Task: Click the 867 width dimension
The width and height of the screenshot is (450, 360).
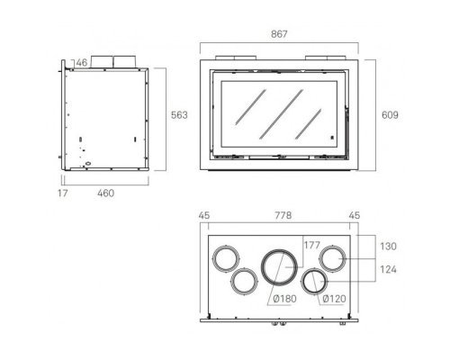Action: tap(279, 34)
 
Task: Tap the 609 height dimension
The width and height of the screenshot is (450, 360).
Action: tap(390, 115)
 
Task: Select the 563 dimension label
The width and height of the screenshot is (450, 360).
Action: tap(179, 115)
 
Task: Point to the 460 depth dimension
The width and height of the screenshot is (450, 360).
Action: tap(105, 193)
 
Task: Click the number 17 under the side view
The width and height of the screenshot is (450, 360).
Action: tap(63, 193)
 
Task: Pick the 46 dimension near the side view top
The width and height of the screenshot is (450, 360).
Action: tap(81, 63)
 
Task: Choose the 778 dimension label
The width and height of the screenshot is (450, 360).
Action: tap(283, 215)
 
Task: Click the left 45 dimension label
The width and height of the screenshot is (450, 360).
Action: tap(204, 215)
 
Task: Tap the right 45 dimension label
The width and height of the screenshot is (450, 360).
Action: tap(355, 215)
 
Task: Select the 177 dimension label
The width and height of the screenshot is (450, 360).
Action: tap(312, 245)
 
